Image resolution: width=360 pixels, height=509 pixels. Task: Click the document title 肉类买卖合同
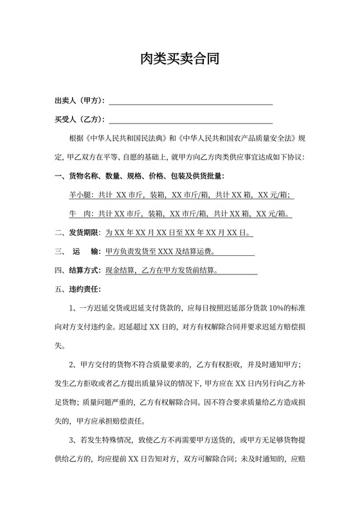coord(180,60)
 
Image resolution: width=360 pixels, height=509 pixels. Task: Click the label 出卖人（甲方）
coord(80,101)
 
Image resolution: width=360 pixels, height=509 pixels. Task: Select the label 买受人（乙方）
coord(80,120)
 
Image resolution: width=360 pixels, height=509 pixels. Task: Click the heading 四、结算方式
coord(77,270)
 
